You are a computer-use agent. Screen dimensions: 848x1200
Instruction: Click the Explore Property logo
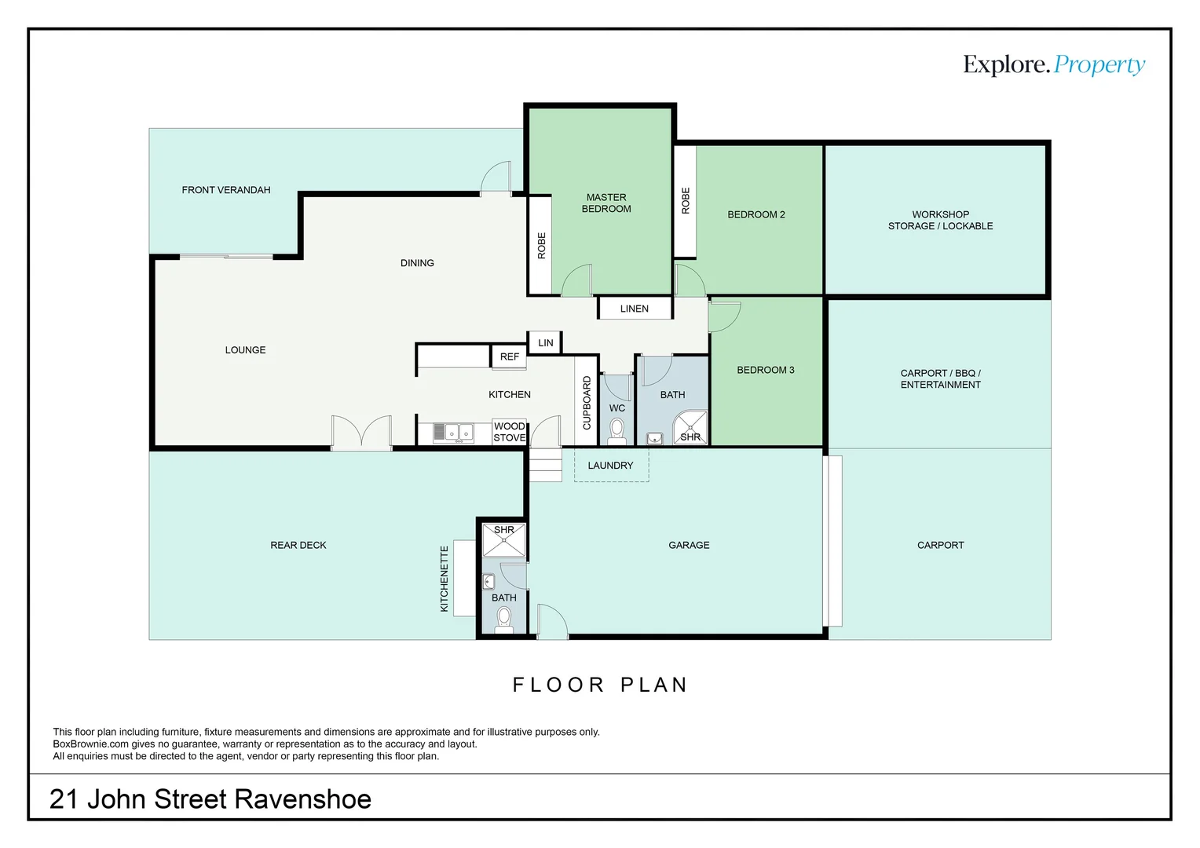tap(1053, 64)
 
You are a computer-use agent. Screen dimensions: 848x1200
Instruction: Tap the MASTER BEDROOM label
tap(606, 203)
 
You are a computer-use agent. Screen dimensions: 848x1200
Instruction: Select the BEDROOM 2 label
tap(755, 214)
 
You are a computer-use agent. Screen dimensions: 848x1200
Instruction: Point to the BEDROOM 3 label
tap(765, 370)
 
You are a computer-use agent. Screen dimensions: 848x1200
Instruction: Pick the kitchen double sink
tap(453, 432)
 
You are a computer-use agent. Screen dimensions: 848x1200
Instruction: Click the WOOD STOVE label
tap(510, 432)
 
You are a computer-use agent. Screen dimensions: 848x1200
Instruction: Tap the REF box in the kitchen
tap(509, 356)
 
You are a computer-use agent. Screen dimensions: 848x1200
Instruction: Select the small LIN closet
tap(545, 343)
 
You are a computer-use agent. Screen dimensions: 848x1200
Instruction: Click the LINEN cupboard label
tap(634, 309)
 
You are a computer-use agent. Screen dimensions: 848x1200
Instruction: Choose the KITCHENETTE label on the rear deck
tap(445, 579)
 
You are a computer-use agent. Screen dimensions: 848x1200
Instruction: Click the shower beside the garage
tap(503, 540)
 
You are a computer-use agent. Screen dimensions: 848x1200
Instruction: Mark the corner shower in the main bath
tap(690, 429)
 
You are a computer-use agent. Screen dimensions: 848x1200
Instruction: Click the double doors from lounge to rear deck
tap(361, 433)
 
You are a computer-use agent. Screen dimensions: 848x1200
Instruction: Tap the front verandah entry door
tap(496, 178)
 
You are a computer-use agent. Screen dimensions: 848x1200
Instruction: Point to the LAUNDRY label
tap(610, 466)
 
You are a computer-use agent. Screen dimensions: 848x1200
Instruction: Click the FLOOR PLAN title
tap(600, 685)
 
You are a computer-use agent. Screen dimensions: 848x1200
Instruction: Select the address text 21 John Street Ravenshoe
tap(210, 799)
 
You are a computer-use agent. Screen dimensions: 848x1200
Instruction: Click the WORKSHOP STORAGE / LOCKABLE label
tap(940, 220)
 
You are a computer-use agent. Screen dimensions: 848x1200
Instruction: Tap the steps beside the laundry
tap(545, 464)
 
